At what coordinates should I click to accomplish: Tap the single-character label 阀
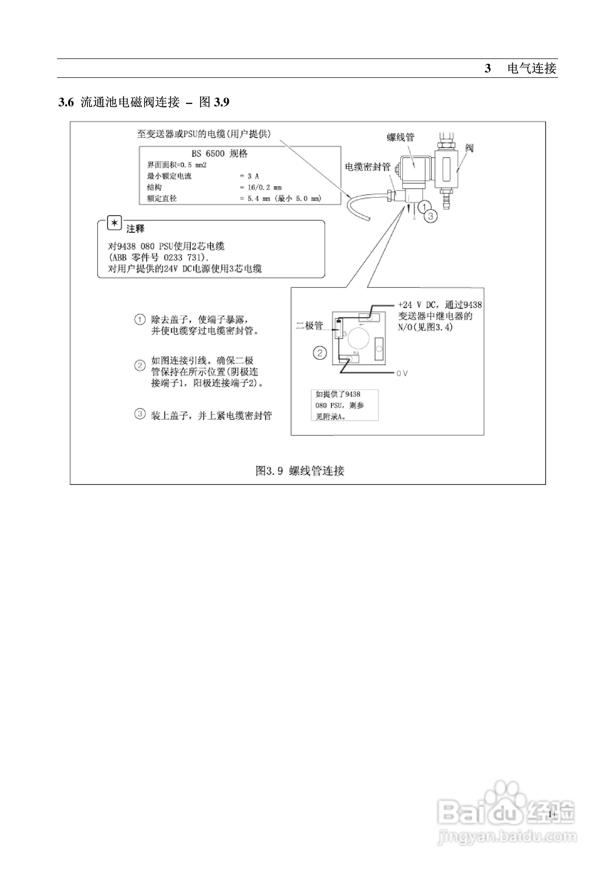point(470,148)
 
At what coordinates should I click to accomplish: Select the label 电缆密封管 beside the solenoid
point(367,167)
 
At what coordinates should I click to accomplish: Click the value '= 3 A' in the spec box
point(249,176)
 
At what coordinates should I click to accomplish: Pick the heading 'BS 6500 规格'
point(220,154)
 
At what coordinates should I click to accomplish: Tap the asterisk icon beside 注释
point(114,223)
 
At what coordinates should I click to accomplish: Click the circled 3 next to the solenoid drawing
point(431,216)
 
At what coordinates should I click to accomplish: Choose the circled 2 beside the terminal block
point(320,354)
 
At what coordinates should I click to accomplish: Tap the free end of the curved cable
point(369,218)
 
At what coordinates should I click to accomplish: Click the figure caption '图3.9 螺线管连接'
point(300,471)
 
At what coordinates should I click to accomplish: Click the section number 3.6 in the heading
point(66,102)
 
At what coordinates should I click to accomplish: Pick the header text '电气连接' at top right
point(532,68)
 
